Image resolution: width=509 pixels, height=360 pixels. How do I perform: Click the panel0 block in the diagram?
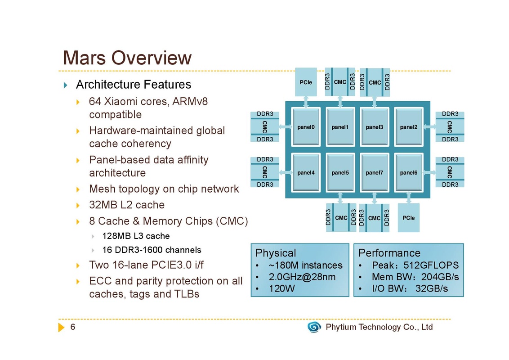306,127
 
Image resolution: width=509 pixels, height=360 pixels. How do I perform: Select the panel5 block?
340,173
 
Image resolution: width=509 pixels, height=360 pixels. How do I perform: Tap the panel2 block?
409,127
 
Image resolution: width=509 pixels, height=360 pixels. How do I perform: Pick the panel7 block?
375,173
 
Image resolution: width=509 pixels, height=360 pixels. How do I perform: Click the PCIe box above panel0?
306,82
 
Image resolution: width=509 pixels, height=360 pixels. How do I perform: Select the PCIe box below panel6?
409,218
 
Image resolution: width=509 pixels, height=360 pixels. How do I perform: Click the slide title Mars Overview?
127,58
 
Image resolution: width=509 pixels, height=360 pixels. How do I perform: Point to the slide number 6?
73,327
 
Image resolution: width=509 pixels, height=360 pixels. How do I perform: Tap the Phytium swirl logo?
314,327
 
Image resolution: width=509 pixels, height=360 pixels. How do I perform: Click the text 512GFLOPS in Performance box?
431,265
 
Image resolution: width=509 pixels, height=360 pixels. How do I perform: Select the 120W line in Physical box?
281,288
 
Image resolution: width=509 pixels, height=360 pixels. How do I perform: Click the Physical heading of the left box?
276,253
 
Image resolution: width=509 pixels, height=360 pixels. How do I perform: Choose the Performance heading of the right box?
389,253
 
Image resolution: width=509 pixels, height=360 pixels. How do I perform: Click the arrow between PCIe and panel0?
306,102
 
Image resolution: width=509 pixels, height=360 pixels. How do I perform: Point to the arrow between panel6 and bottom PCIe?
409,198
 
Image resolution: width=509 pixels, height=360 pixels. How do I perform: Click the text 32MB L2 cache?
127,205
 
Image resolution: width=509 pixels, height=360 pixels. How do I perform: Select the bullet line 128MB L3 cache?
136,236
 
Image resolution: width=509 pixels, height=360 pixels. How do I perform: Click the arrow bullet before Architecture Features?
66,85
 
